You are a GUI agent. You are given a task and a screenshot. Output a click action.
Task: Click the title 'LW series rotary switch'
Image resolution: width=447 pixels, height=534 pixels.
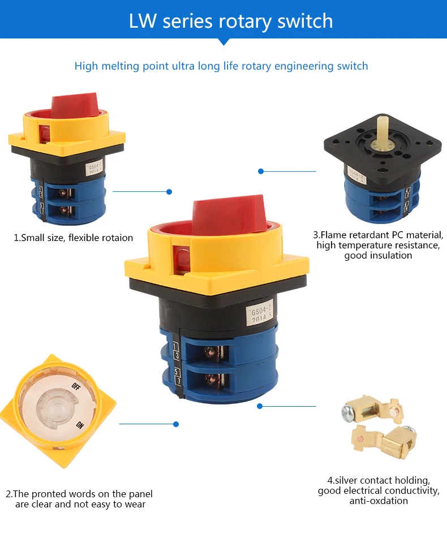point(223,21)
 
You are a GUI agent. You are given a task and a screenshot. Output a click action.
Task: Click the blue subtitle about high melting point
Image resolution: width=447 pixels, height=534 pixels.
point(221,66)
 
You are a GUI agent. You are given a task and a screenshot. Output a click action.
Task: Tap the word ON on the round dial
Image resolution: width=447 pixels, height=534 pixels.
point(80,425)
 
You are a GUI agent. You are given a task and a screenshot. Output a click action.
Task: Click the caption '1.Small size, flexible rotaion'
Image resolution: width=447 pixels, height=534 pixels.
point(73,238)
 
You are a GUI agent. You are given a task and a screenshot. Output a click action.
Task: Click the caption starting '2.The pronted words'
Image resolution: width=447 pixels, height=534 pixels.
point(79,499)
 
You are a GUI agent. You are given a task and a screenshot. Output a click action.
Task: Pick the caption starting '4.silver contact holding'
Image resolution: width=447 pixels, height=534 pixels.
point(379,490)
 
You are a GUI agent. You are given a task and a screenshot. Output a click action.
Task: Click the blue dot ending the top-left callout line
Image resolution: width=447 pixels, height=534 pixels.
point(169,192)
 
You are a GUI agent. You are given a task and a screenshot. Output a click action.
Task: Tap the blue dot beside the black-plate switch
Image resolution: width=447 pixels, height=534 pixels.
point(261,171)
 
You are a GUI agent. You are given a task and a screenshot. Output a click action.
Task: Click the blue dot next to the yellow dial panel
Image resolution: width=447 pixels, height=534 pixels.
point(176,424)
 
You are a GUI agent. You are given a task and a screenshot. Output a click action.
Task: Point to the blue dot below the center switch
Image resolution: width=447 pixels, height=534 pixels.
point(260,406)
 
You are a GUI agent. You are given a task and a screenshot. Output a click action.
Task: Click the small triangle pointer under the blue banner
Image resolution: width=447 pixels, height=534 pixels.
point(223,42)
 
